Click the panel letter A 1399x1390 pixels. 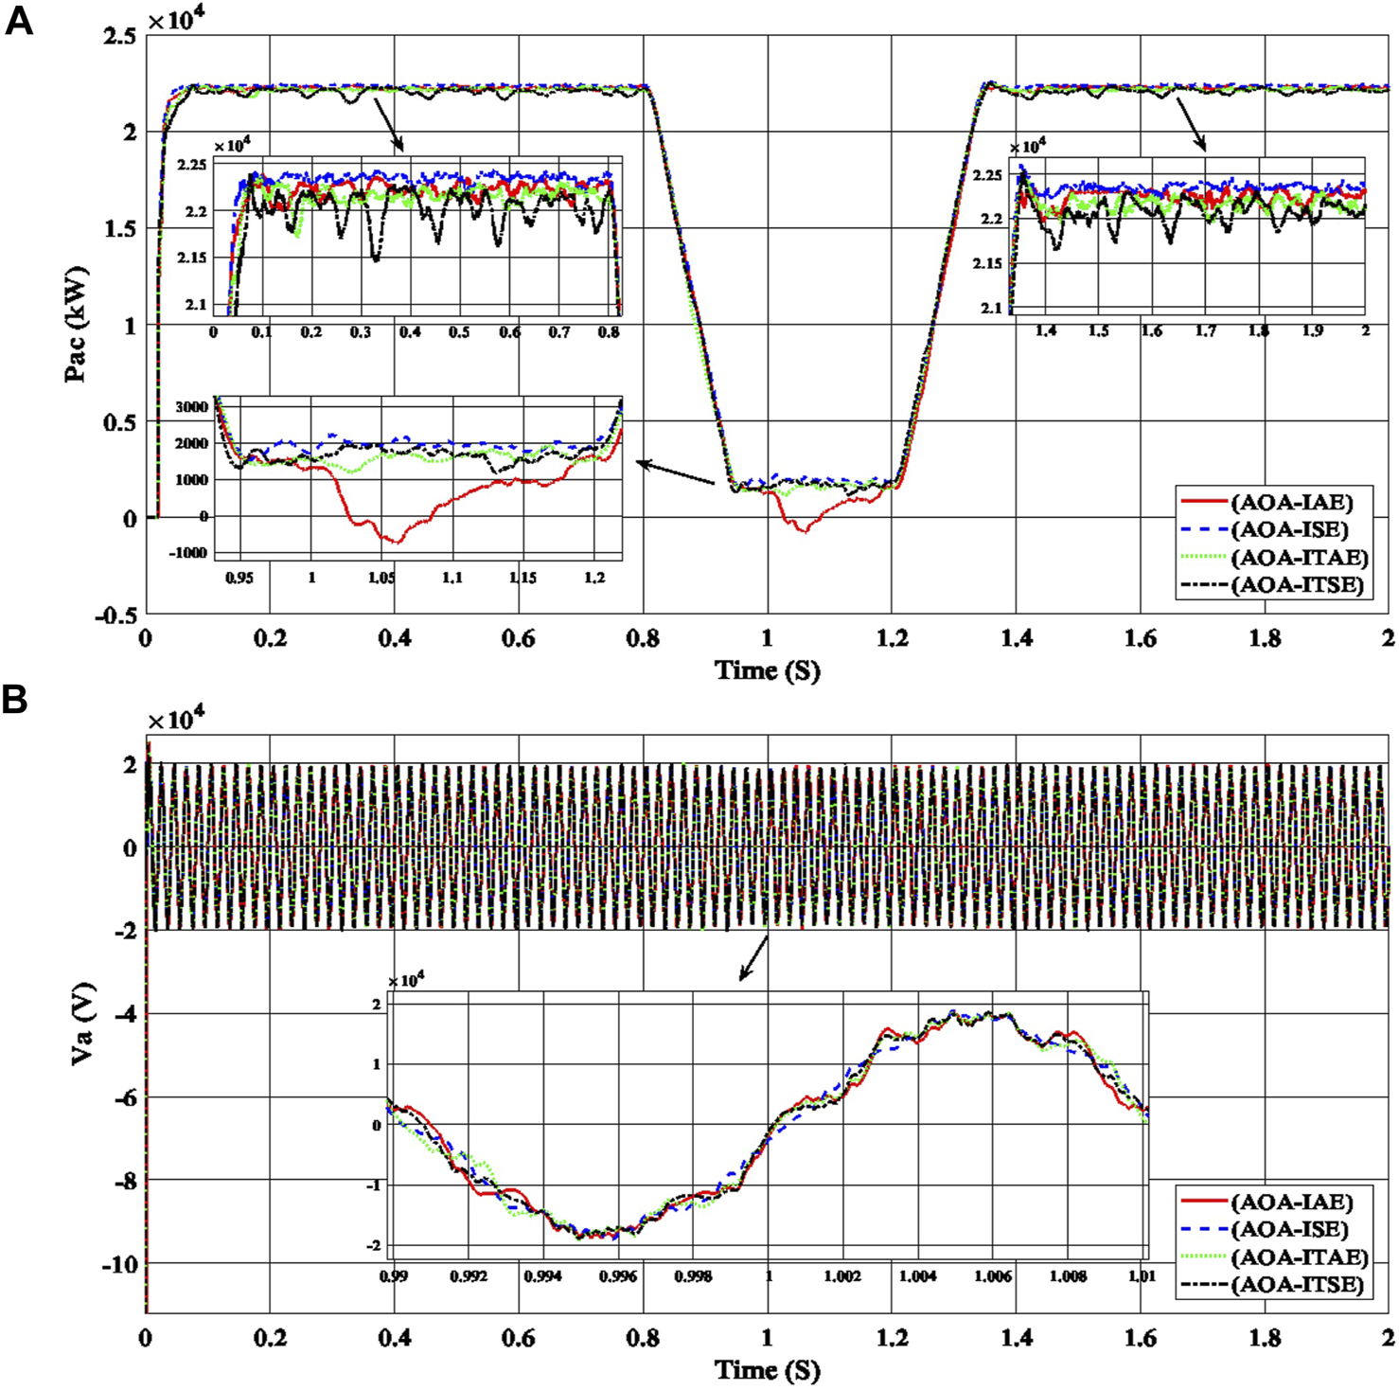click(18, 20)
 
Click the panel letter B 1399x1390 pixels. click(15, 701)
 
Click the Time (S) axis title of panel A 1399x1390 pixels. click(767, 670)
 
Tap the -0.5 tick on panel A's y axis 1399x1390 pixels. click(115, 615)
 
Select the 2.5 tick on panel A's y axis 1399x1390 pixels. click(119, 36)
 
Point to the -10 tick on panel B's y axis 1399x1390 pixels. click(119, 1264)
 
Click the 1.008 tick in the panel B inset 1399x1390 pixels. click(1068, 1276)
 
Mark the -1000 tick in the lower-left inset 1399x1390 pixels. click(187, 553)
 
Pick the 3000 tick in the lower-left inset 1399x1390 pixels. click(190, 407)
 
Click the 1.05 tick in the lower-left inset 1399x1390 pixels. click(381, 578)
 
